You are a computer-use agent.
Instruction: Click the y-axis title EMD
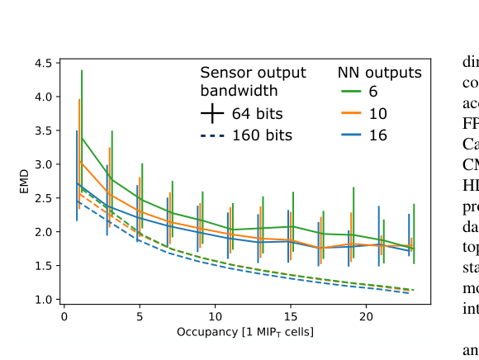pyautogui.click(x=25, y=182)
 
